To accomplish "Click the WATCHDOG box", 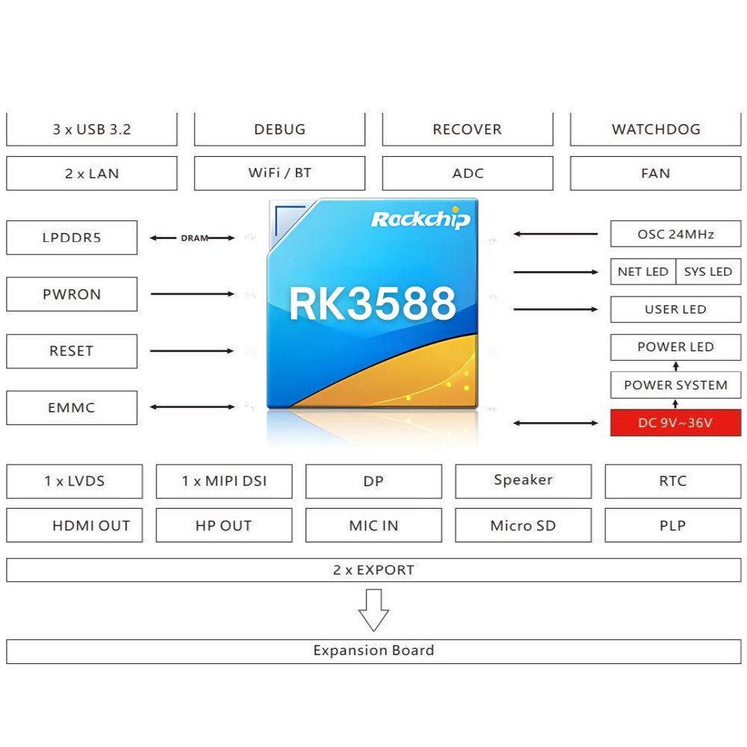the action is [x=656, y=129].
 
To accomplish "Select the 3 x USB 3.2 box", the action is [x=91, y=129].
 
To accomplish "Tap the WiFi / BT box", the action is [x=279, y=173].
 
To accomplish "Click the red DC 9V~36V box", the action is [x=675, y=423].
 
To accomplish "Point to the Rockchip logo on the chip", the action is [x=421, y=219].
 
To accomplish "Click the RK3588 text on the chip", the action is [x=373, y=303].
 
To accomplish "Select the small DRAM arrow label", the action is [x=194, y=238].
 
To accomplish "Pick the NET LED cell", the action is [x=643, y=272].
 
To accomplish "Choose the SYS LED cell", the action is [x=708, y=272].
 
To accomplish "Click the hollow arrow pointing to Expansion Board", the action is [x=373, y=610].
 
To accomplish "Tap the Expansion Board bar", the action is [x=373, y=651].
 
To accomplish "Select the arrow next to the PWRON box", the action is [x=192, y=294].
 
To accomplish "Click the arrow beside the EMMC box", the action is [x=192, y=407].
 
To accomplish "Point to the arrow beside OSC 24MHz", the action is [x=556, y=234].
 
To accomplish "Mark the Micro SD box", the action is [x=523, y=525].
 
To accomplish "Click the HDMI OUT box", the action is [x=74, y=525].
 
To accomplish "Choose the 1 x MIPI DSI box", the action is [x=224, y=481].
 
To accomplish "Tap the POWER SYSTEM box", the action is [x=675, y=385].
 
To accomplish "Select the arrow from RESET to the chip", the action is [x=192, y=351].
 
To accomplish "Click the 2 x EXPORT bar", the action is [x=373, y=570].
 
